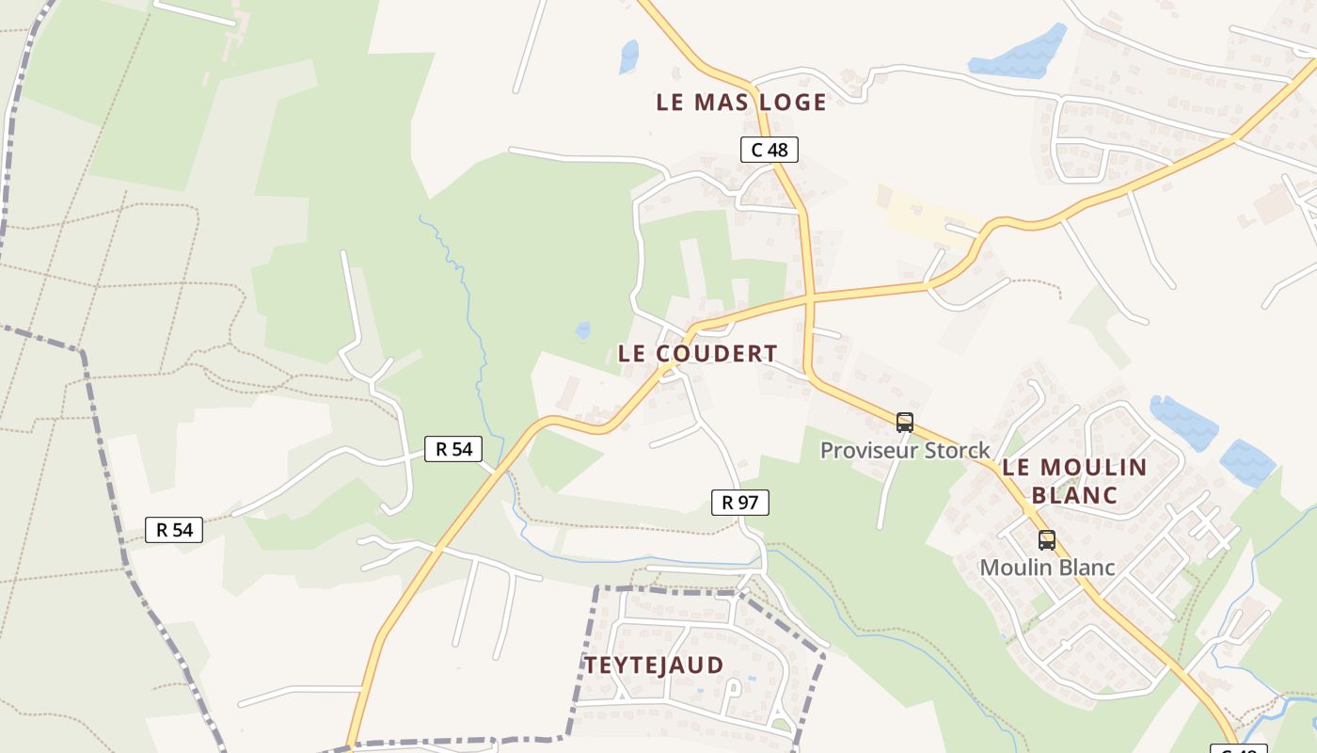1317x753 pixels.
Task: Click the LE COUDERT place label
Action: tap(697, 354)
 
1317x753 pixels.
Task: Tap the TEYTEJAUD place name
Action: tap(654, 665)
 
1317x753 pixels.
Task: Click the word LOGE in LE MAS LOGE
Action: tap(783, 103)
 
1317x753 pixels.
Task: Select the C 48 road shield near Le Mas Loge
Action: tap(769, 150)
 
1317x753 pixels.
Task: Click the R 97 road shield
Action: tap(739, 503)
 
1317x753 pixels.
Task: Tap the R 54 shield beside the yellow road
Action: tap(453, 449)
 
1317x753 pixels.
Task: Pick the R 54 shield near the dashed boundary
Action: tap(174, 530)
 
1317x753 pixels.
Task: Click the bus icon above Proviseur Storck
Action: tap(905, 423)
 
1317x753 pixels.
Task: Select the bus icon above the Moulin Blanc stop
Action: tap(1046, 540)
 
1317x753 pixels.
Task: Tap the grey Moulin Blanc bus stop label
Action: tap(1047, 568)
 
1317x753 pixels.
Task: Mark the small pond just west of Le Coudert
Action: tap(583, 330)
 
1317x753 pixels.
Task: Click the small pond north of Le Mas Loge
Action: tap(628, 56)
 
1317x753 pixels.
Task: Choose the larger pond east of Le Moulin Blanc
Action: tap(1183, 423)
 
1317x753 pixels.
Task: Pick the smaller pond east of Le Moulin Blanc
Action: tap(1247, 462)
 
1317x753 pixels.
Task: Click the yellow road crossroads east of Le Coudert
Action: tap(808, 298)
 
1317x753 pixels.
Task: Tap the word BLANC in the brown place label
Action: tap(1074, 495)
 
